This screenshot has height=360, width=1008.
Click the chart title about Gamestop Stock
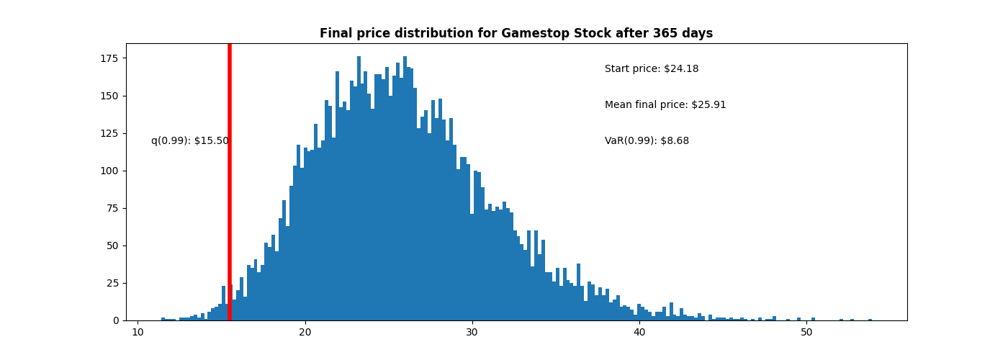(516, 34)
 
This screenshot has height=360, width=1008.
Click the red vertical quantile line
(229, 180)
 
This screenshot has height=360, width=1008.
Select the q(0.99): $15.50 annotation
(189, 141)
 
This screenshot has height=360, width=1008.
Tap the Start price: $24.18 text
(651, 69)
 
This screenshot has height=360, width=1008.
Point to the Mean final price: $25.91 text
(665, 105)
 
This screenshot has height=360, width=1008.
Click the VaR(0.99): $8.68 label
(646, 141)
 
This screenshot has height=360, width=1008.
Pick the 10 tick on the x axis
(138, 332)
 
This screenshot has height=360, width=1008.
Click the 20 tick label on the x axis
(305, 332)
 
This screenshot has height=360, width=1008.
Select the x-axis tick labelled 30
(472, 332)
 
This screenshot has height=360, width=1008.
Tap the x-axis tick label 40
(639, 332)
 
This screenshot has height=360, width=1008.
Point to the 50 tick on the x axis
(806, 332)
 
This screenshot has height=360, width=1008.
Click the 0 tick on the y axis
(116, 320)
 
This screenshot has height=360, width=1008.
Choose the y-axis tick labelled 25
(113, 283)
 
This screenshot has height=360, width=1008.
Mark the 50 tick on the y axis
(113, 246)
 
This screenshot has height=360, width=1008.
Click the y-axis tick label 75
(113, 208)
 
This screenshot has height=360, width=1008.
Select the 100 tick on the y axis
(110, 171)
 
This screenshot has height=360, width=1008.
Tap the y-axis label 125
(110, 133)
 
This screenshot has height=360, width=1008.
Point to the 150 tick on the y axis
(110, 96)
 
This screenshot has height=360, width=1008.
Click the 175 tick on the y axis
(110, 58)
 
